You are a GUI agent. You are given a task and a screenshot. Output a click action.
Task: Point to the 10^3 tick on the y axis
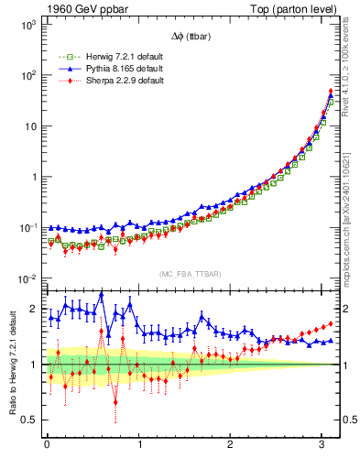coord(27,25)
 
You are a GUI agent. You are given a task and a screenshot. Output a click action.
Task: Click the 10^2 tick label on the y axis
coord(27,75)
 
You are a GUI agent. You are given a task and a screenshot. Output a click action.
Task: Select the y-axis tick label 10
coord(30,126)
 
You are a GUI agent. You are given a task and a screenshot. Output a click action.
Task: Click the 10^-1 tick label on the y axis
coord(27,227)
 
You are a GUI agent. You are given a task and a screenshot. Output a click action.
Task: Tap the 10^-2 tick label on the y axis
coord(27,278)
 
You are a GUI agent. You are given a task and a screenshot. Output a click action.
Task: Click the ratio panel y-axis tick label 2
coord(34,309)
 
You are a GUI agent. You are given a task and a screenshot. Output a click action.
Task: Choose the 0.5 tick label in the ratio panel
coord(29,420)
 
